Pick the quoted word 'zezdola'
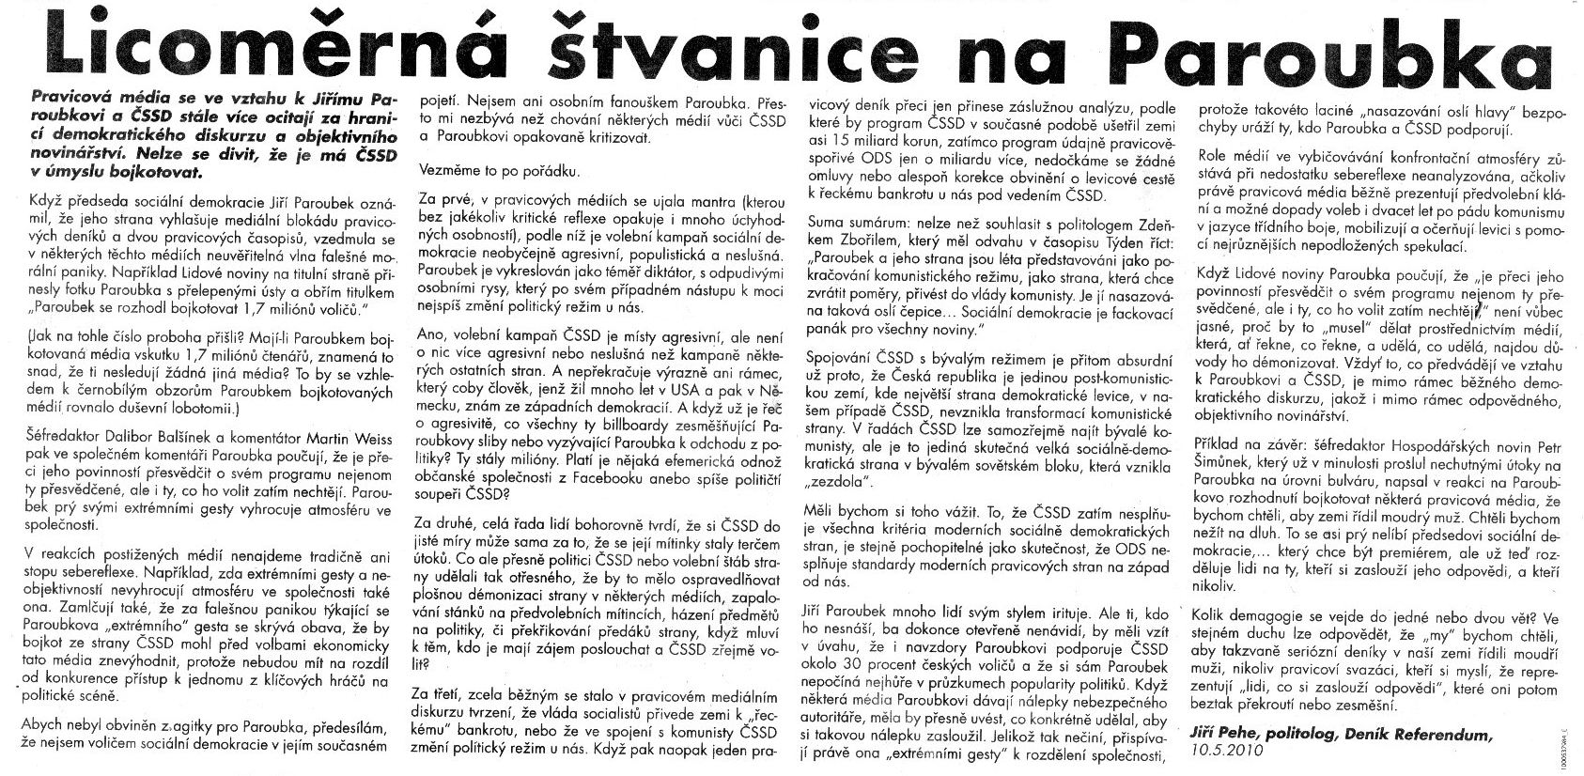[839, 481]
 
